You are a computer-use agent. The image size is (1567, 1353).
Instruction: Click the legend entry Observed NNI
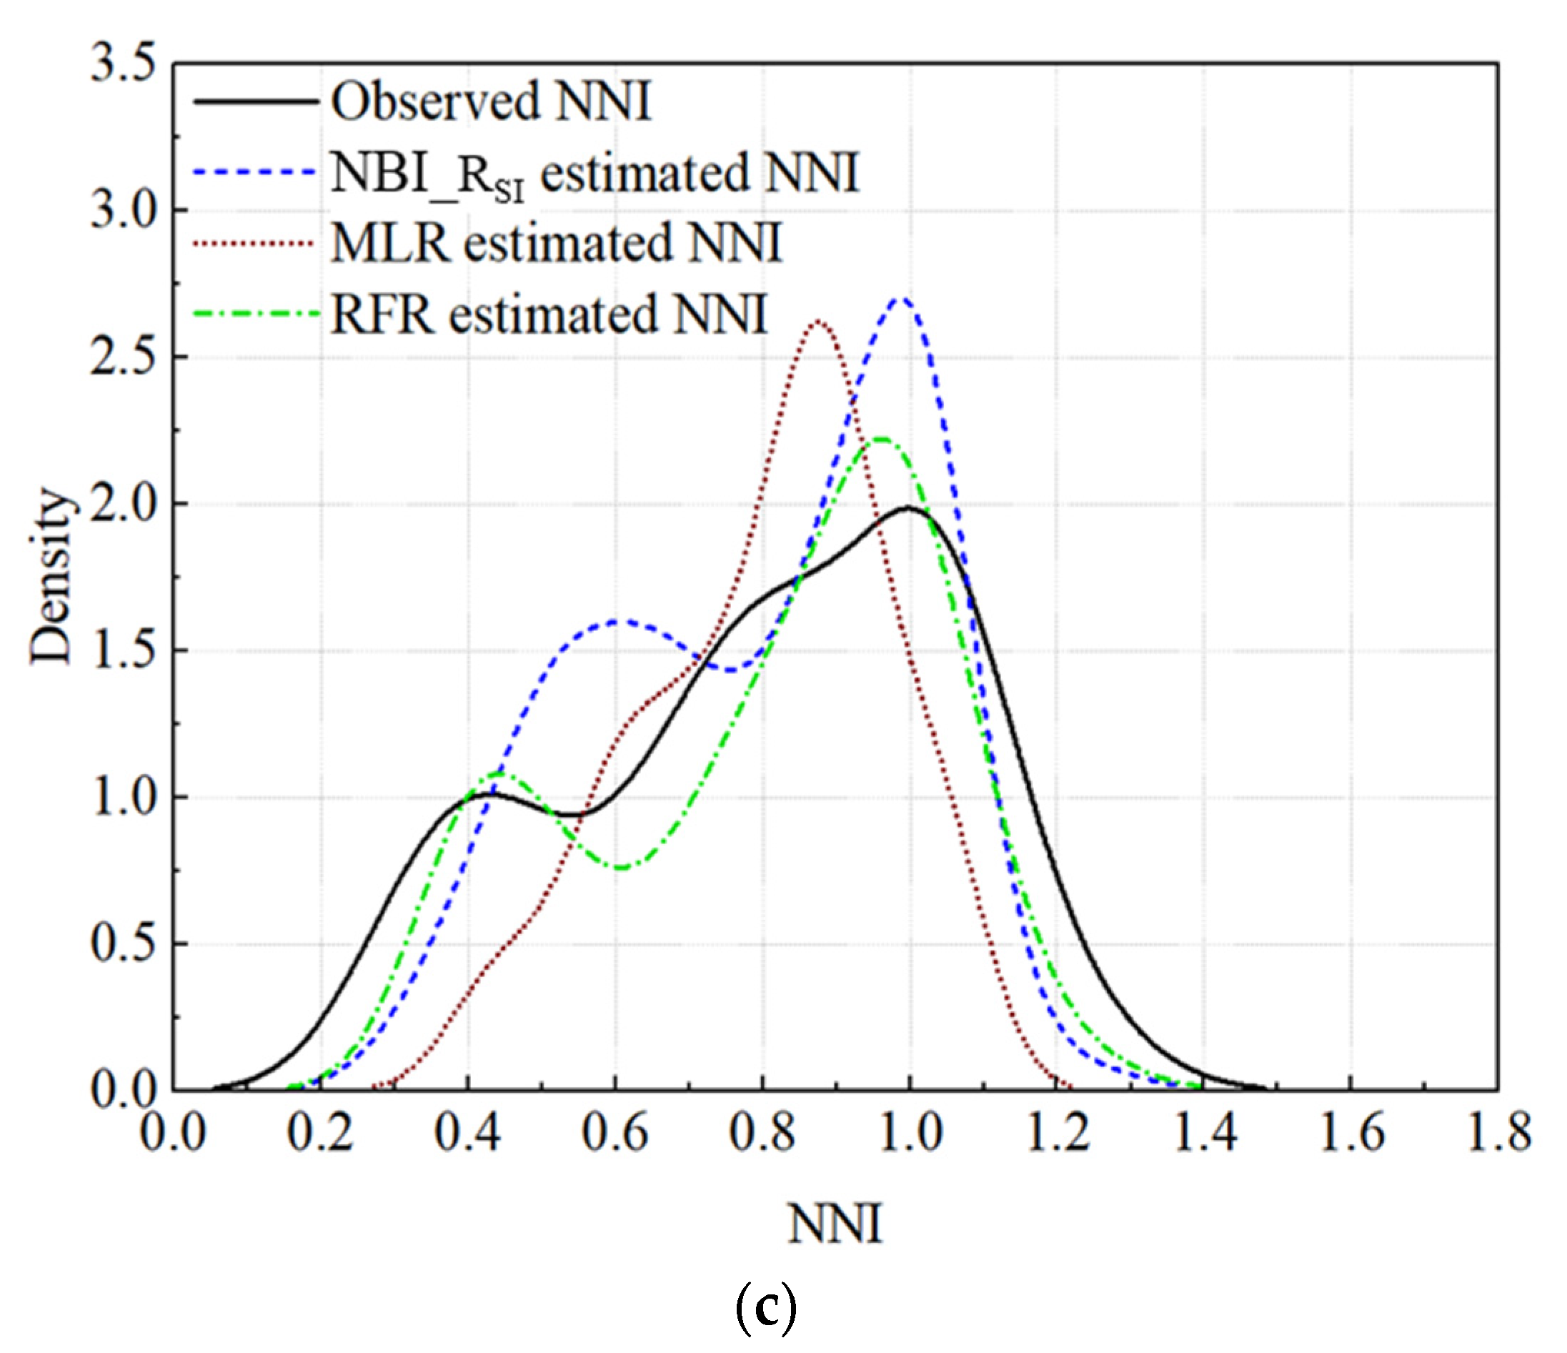click(490, 101)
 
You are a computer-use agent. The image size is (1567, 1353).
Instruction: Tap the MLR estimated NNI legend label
click(556, 244)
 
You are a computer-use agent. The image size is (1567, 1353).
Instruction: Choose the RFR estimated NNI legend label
click(549, 314)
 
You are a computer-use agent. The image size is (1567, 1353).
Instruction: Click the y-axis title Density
click(51, 575)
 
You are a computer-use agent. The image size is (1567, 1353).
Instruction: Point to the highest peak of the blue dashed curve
click(900, 299)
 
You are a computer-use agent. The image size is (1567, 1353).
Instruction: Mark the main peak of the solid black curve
click(908, 507)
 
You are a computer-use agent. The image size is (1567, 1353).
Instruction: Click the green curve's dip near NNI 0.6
click(620, 868)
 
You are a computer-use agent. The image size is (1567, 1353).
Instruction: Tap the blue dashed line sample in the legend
click(254, 172)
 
